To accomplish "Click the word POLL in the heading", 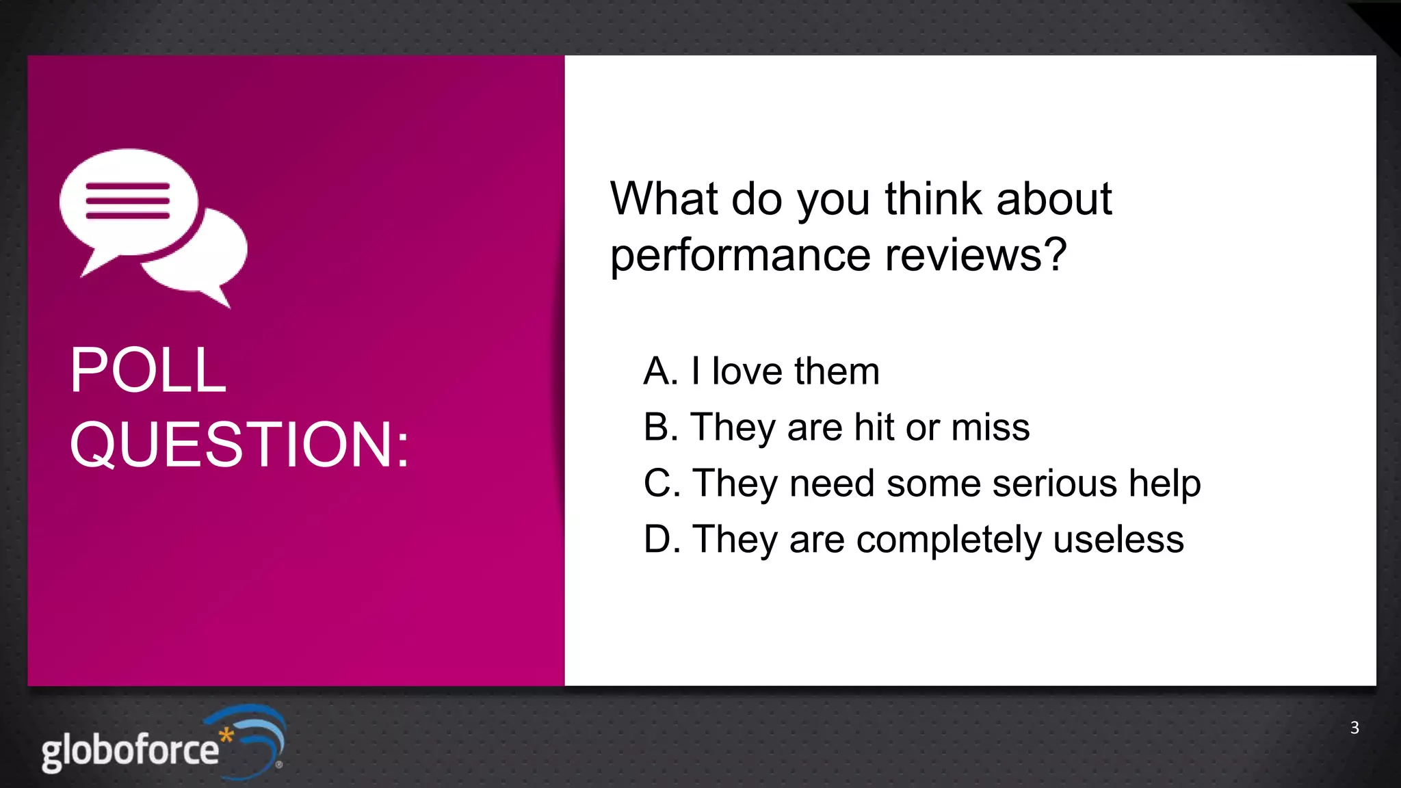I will point(148,370).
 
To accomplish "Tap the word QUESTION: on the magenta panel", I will point(239,445).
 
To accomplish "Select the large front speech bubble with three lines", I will point(129,202).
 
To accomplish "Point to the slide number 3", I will point(1354,728).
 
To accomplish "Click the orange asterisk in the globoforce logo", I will point(226,737).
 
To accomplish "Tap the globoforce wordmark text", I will point(130,751).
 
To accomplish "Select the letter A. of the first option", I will point(660,371).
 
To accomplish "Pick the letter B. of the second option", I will point(660,428).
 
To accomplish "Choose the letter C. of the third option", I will point(661,484).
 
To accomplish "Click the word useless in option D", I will point(1118,540).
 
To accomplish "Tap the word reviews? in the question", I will point(976,255).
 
